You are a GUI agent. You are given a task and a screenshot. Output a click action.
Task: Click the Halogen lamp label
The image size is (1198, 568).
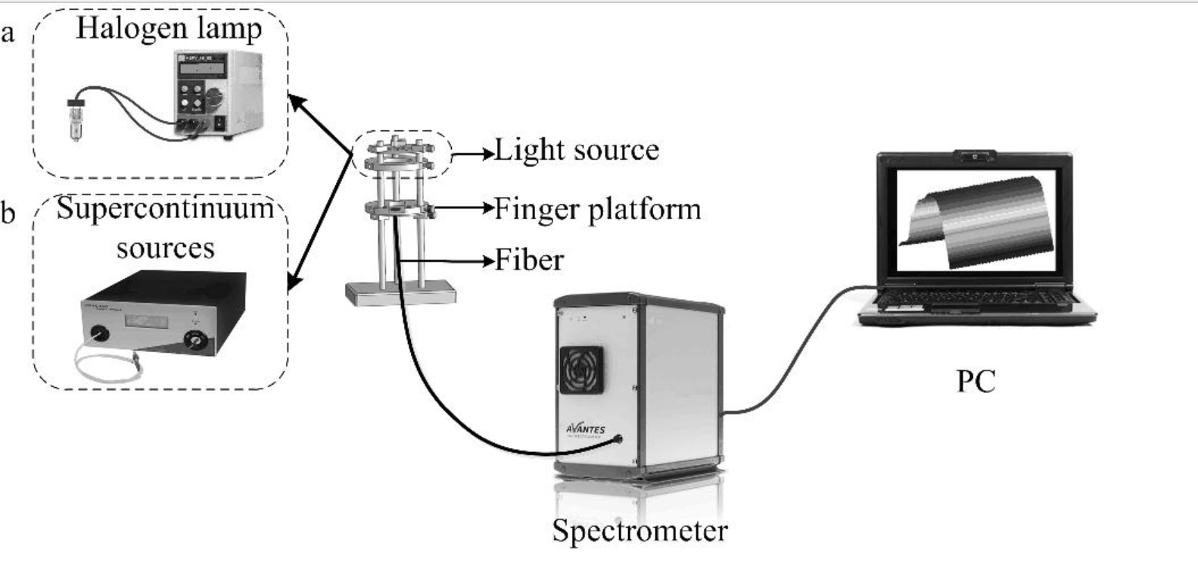point(169,30)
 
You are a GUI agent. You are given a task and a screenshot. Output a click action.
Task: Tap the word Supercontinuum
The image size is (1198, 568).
point(165,208)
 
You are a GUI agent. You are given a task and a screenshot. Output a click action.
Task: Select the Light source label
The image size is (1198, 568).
point(576,151)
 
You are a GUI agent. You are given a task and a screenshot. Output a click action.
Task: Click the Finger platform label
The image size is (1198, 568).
point(597,209)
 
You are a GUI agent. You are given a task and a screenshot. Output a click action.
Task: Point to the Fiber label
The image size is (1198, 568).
point(529,261)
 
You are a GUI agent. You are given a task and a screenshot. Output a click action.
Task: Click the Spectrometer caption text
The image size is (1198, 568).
point(639,530)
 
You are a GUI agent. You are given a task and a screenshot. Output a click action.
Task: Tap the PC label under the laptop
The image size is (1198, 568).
point(976,380)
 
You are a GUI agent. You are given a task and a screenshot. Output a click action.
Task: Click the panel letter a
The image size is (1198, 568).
point(8,33)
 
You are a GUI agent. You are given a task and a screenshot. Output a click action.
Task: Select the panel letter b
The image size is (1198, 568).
point(8,214)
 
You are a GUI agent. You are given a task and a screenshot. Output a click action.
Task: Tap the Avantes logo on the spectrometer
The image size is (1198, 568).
point(586,429)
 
